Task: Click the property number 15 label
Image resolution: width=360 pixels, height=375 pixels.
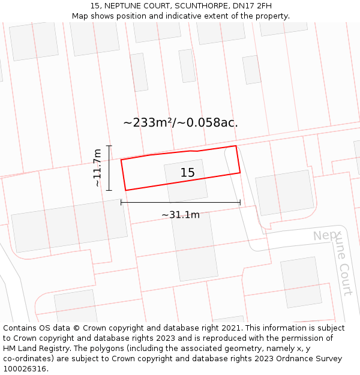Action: [x=187, y=173]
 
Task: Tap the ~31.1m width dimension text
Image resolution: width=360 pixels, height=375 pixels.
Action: [x=180, y=215]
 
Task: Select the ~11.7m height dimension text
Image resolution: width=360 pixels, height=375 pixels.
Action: [x=97, y=168]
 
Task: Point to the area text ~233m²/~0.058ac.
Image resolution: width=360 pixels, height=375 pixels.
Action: [x=181, y=122]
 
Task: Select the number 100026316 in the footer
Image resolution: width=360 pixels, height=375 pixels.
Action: [x=24, y=368]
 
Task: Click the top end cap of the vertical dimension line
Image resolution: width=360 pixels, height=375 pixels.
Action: [x=109, y=145]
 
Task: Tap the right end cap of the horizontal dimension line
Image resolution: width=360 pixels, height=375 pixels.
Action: [x=240, y=203]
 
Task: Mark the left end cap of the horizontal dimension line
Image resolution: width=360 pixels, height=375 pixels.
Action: [x=121, y=203]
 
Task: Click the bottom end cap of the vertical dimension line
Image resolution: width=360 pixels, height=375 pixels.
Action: [x=109, y=190]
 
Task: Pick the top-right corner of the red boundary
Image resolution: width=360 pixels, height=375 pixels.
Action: [x=236, y=146]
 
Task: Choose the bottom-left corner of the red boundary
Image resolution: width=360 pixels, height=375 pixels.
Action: [x=125, y=190]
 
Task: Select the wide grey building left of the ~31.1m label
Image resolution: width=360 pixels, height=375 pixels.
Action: [x=69, y=225]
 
